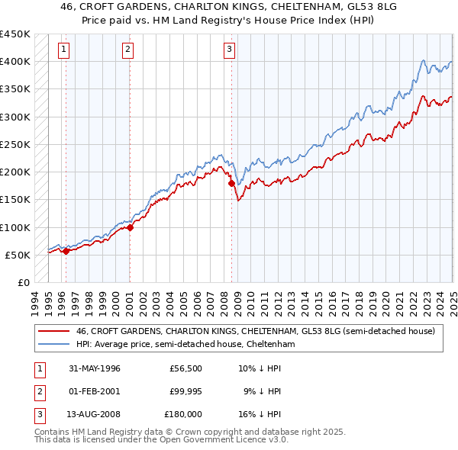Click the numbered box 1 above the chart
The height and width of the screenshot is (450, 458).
click(x=63, y=50)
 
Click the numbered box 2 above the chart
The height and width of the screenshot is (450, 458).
click(x=127, y=50)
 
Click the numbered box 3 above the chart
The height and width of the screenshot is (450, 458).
click(x=229, y=50)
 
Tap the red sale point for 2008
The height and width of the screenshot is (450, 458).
click(x=231, y=183)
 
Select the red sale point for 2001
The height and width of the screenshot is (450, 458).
click(x=130, y=227)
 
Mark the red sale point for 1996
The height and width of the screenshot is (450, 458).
click(x=66, y=251)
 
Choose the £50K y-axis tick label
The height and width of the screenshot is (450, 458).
click(x=18, y=255)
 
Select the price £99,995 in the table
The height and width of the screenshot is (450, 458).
click(x=186, y=391)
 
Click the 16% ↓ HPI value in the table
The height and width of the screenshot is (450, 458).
click(x=260, y=414)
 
